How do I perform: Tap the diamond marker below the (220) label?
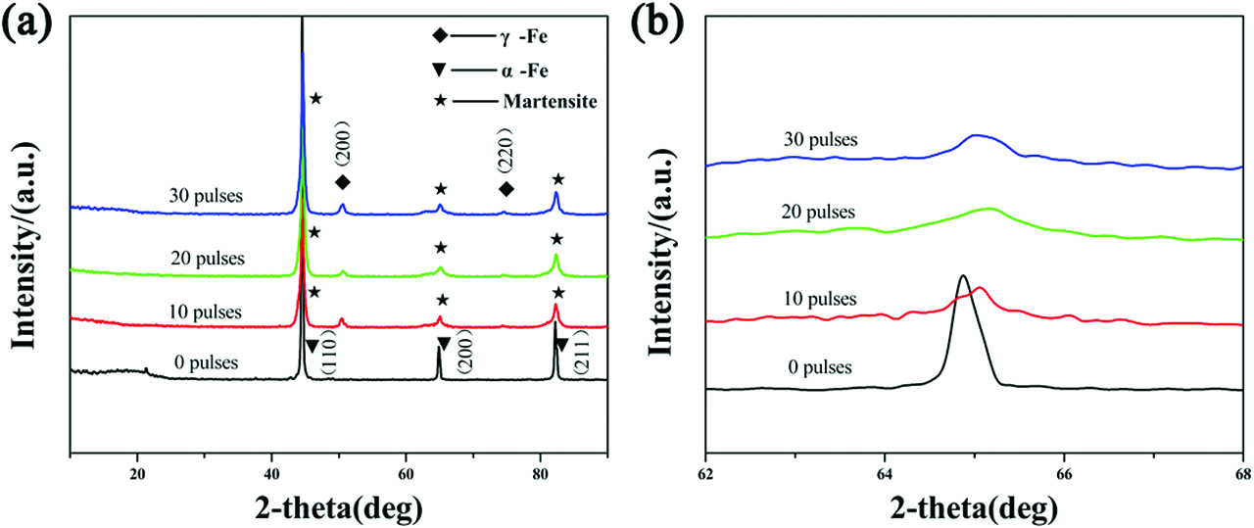[506, 189]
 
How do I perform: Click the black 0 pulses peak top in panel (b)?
[963, 276]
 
